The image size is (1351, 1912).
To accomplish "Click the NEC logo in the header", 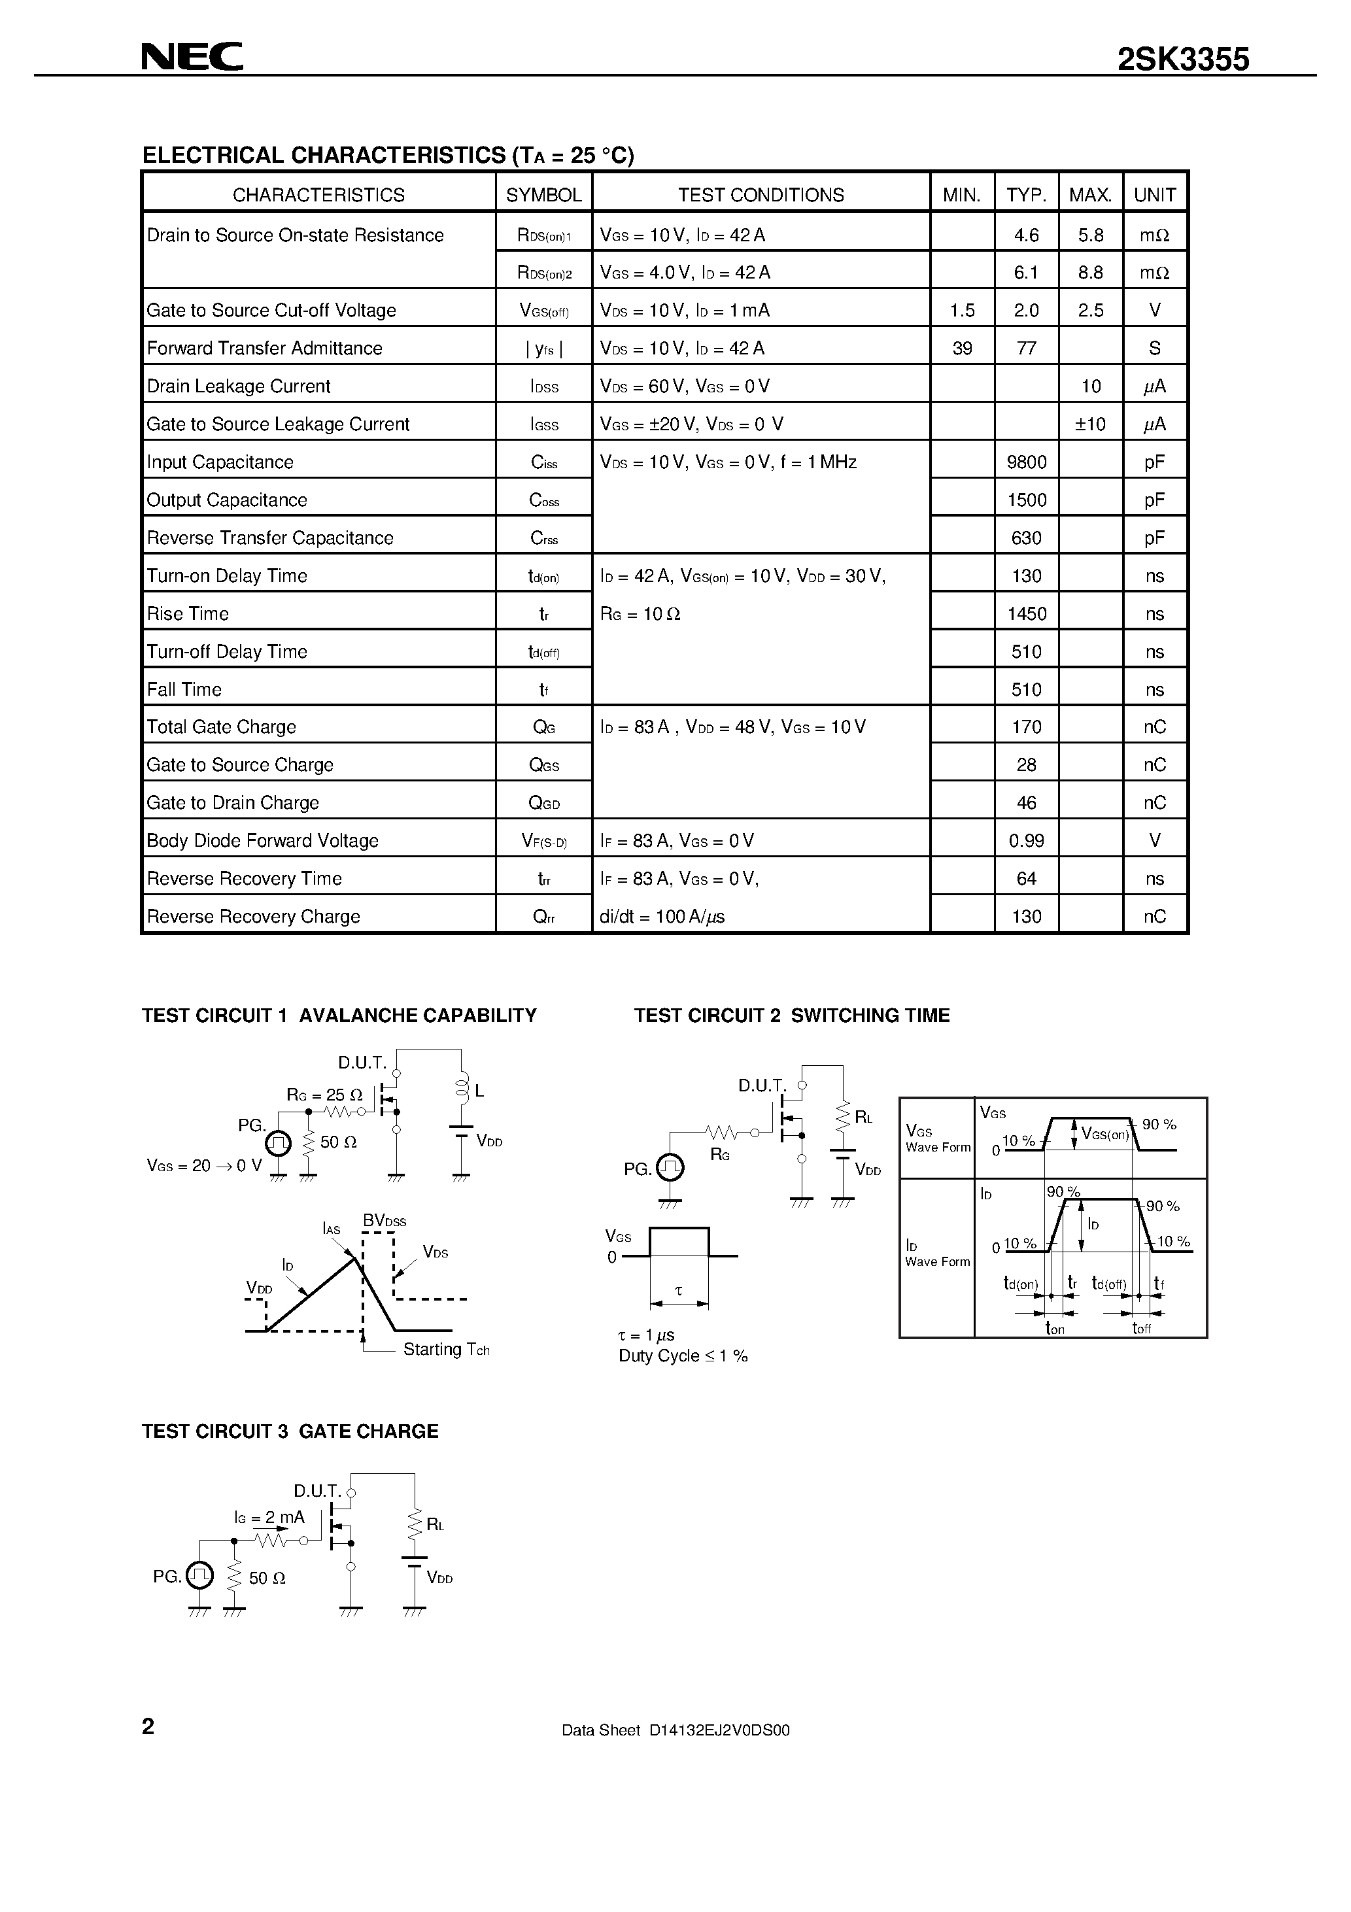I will (x=192, y=57).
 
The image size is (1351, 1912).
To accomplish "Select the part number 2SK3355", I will (x=1183, y=60).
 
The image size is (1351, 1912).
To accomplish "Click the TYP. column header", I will (x=1026, y=195).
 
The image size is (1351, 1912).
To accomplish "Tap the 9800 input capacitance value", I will (x=1026, y=462).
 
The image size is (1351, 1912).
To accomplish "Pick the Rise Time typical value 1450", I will (x=1026, y=614).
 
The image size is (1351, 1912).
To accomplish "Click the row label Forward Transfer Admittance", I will (x=264, y=348).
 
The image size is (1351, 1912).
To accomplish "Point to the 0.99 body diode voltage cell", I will (x=1026, y=841).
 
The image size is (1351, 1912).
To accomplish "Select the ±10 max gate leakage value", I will (x=1090, y=424).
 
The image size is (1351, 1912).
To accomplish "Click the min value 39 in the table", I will (x=962, y=348).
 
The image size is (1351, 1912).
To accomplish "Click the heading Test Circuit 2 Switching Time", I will (x=791, y=1015).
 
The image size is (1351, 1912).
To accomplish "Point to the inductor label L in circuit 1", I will (x=480, y=1091).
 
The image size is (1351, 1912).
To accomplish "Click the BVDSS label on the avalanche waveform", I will (x=384, y=1221).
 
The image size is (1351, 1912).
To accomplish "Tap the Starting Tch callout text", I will (x=445, y=1349).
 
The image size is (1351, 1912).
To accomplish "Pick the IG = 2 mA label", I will (x=269, y=1517).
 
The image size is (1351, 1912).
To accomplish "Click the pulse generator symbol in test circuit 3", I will (x=200, y=1575).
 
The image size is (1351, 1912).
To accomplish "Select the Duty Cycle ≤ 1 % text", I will (x=683, y=1356).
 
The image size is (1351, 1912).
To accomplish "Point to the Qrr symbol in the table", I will (x=544, y=917).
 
